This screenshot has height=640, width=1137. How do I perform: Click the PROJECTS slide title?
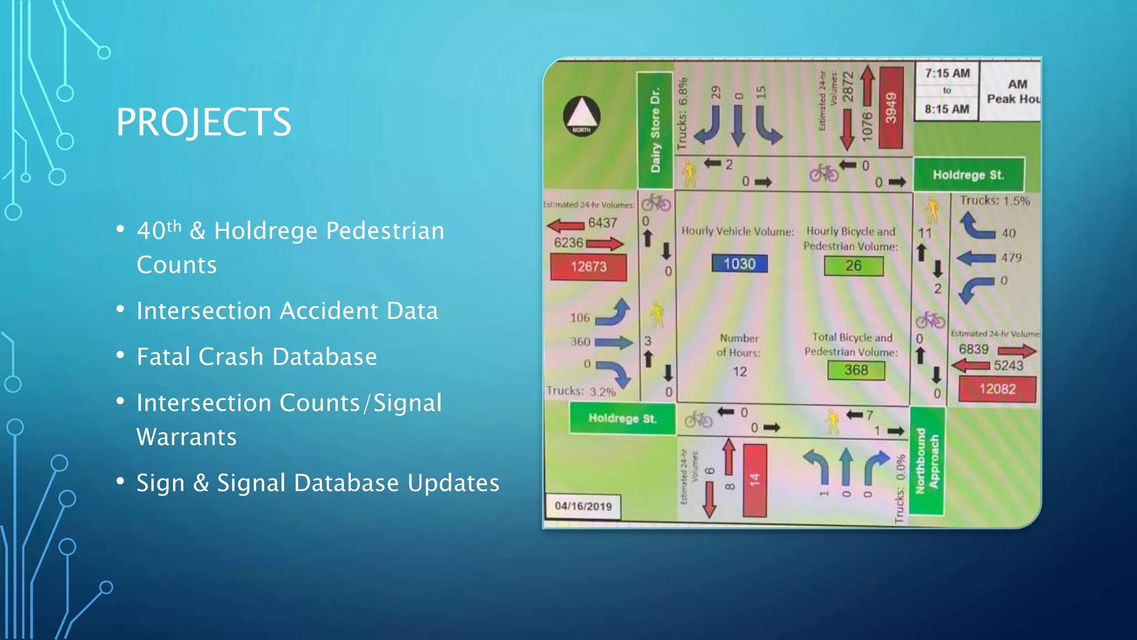pyautogui.click(x=203, y=122)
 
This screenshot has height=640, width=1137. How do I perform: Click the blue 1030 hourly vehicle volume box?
pyautogui.click(x=739, y=263)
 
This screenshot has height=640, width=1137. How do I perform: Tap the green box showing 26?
pyautogui.click(x=853, y=266)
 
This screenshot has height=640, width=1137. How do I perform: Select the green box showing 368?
pyautogui.click(x=856, y=370)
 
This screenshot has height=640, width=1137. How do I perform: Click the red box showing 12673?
pyautogui.click(x=588, y=267)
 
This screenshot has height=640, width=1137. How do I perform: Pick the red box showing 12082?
pyautogui.click(x=997, y=389)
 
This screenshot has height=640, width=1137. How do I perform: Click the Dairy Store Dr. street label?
pyautogui.click(x=655, y=130)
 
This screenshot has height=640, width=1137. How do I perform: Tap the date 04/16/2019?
pyautogui.click(x=583, y=506)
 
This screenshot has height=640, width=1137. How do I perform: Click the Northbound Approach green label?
pyautogui.click(x=927, y=461)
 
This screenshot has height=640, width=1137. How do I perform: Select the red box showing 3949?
pyautogui.click(x=891, y=108)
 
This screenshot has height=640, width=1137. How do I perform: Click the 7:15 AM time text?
pyautogui.click(x=947, y=73)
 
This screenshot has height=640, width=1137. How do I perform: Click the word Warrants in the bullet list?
pyautogui.click(x=187, y=437)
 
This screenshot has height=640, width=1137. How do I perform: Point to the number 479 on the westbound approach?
pyautogui.click(x=1011, y=258)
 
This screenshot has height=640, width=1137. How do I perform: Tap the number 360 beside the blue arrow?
pyautogui.click(x=580, y=342)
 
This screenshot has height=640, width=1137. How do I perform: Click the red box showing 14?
pyautogui.click(x=754, y=480)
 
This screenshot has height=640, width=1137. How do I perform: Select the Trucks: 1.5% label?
pyautogui.click(x=995, y=201)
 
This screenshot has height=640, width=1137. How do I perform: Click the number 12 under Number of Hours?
pyautogui.click(x=739, y=372)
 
